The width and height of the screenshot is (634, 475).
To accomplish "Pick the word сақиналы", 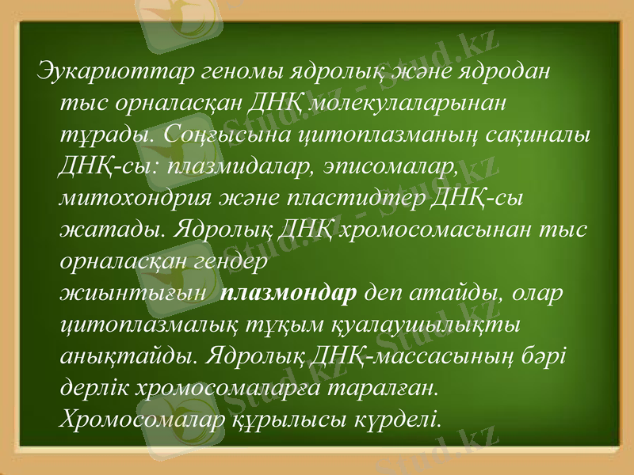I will (539, 135).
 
